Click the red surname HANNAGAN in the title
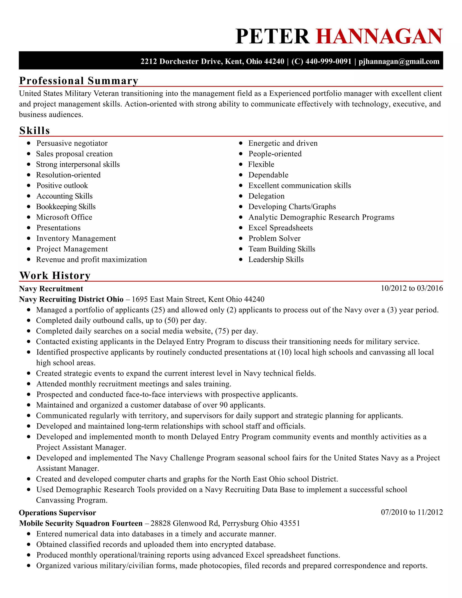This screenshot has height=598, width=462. click(x=379, y=36)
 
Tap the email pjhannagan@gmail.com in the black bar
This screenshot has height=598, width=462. click(x=399, y=61)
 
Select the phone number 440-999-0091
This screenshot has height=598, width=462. click(x=328, y=61)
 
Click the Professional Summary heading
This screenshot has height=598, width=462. click(x=79, y=81)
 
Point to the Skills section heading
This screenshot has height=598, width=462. click(x=35, y=131)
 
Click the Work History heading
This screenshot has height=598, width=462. click(x=55, y=276)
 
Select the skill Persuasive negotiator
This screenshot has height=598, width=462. click(x=72, y=143)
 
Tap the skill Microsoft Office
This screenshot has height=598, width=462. click(x=64, y=217)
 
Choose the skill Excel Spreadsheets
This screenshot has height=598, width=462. click(x=280, y=228)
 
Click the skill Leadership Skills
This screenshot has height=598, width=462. click(x=276, y=260)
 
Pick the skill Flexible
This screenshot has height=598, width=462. click(x=261, y=164)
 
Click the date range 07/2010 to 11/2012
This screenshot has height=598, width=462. click(x=412, y=512)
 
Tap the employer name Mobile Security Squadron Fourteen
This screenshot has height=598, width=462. click(x=81, y=523)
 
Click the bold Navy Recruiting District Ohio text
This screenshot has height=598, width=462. click(x=71, y=299)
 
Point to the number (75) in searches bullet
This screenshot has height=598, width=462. click(x=222, y=331)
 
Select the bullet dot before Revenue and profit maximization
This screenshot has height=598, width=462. click(x=29, y=260)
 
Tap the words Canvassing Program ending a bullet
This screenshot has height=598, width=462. click(x=72, y=500)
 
